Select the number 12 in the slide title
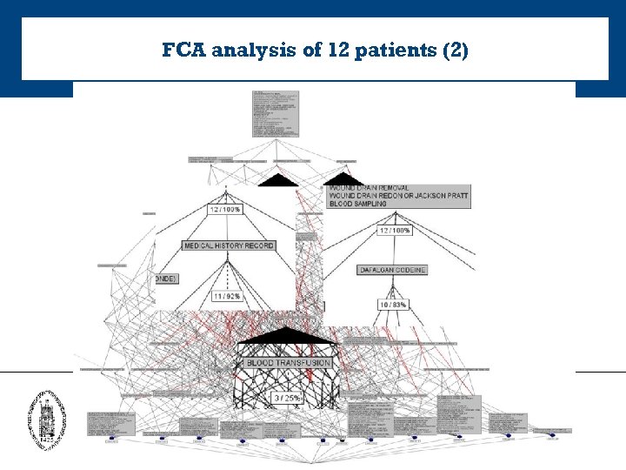click(338, 50)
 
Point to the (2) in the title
click(455, 50)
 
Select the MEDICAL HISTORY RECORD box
click(229, 245)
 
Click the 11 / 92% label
click(227, 297)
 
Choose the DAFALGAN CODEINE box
click(393, 270)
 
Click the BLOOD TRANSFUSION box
click(289, 362)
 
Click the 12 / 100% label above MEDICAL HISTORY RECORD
click(225, 210)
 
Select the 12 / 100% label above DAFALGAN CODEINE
click(394, 231)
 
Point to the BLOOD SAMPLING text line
click(359, 204)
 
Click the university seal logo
click(46, 417)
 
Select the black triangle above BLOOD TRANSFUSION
click(288, 337)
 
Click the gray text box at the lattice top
click(276, 112)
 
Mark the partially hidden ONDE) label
click(166, 279)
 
